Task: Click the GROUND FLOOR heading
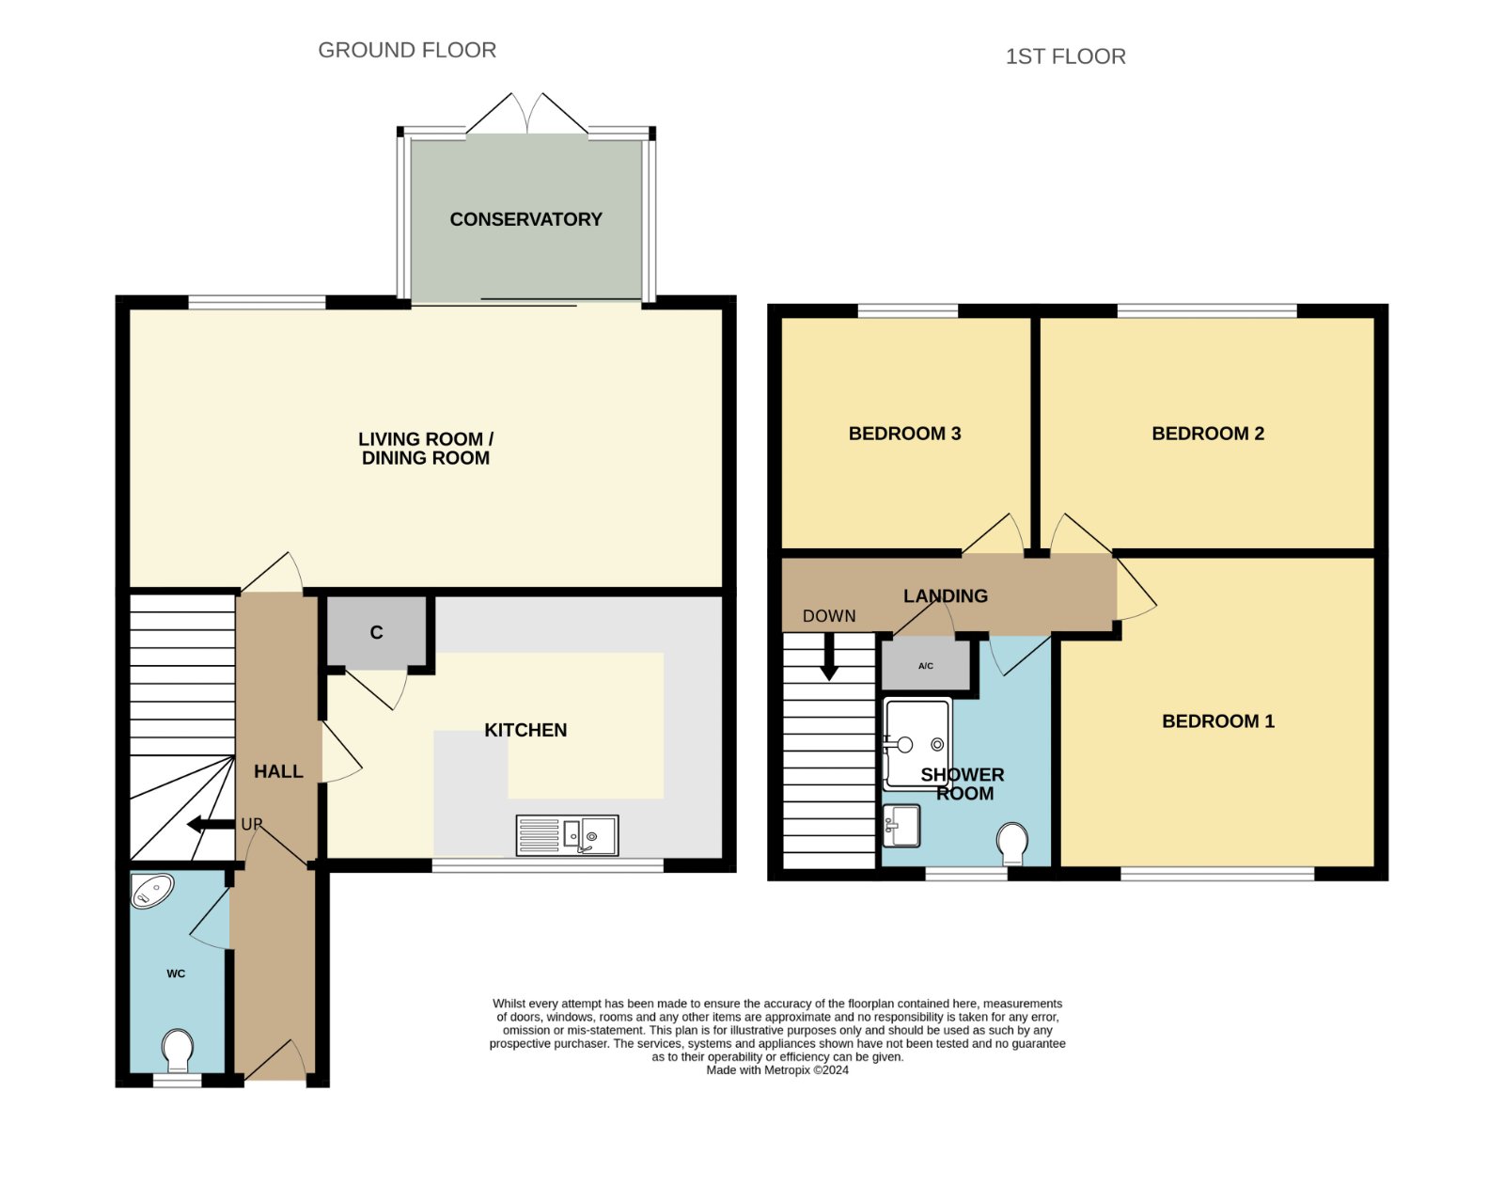point(407,51)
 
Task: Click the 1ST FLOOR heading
point(1065,56)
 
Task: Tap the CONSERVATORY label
point(525,219)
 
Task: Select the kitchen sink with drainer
point(567,835)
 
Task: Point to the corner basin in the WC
point(151,891)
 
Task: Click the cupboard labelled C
point(376,631)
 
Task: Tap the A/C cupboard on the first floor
point(925,665)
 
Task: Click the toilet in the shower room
point(1012,844)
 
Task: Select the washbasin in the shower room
point(901,825)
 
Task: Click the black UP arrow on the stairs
point(211,824)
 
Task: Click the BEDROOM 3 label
point(904,434)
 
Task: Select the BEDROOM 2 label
point(1208,434)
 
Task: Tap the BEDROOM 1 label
point(1218,721)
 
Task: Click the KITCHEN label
point(525,730)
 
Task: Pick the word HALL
point(278,771)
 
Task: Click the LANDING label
point(945,596)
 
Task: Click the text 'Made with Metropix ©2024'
point(777,1070)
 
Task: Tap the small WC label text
point(176,973)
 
